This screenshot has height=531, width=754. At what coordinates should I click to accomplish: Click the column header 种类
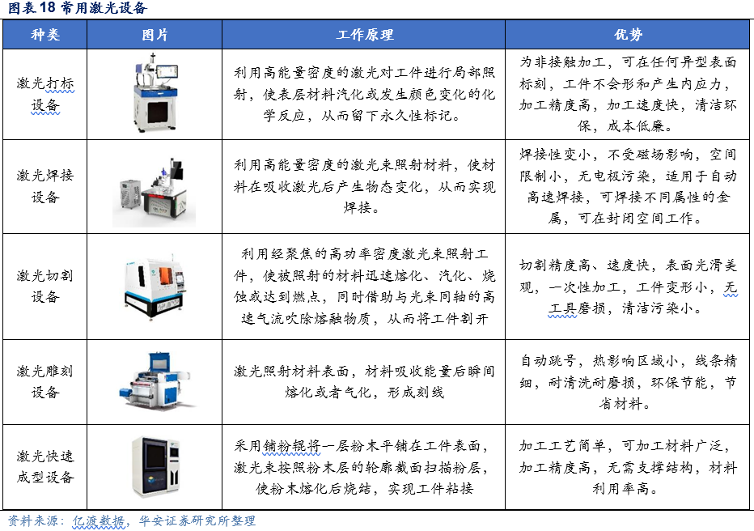pos(45,35)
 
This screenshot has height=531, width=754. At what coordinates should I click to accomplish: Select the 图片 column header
pos(155,35)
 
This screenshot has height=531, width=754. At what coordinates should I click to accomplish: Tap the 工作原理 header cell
pos(365,35)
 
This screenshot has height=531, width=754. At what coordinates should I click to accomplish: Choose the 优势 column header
pos(628,35)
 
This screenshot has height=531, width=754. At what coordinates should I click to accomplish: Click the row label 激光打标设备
pos(45,94)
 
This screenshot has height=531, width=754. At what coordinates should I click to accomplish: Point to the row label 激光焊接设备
pos(45,185)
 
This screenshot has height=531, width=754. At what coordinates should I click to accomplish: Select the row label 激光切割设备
pos(45,287)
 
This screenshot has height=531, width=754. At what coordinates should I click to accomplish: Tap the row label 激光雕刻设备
pos(45,381)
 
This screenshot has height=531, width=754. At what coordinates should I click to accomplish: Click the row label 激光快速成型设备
pos(45,466)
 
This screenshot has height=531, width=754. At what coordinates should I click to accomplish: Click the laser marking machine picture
pos(155,93)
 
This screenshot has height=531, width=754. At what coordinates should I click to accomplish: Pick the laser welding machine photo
pos(155,193)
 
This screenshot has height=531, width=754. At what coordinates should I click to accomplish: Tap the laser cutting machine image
pos(155,287)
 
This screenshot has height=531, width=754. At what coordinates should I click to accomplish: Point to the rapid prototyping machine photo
pos(155,466)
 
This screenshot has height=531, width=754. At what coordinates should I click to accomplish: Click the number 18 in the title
pos(47,8)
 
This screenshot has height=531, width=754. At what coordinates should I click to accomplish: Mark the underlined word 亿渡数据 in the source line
pos(99,521)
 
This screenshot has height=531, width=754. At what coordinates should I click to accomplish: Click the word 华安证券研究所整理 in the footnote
pos(197,521)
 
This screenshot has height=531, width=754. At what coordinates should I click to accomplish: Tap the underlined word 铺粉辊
pos(292,446)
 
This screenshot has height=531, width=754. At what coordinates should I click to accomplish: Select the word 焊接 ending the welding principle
pos(358,208)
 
